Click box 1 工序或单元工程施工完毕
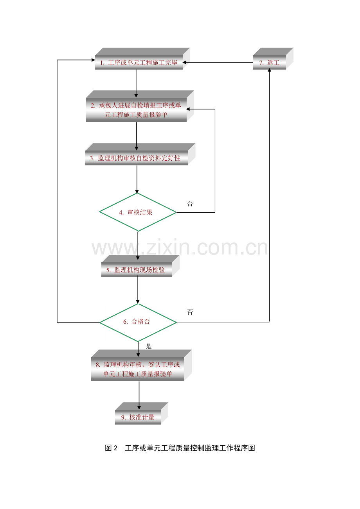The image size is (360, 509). [x=139, y=63]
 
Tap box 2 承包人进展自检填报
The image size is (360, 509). [x=136, y=110]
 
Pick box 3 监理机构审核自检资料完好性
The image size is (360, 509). [x=136, y=158]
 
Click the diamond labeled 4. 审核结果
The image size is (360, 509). [x=137, y=212]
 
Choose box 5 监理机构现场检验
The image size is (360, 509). [x=137, y=270]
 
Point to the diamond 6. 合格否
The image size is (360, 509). [x=138, y=322]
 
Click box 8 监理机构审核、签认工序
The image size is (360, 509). [x=138, y=369]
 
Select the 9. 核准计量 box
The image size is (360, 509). [x=138, y=417]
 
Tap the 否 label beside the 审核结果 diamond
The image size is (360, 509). [x=190, y=204]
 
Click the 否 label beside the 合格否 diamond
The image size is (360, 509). [x=190, y=312]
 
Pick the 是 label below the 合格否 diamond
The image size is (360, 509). [x=148, y=346]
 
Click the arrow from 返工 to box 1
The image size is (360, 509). [x=219, y=63]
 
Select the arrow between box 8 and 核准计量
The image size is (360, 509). [x=139, y=395]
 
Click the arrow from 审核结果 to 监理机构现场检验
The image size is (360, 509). [x=138, y=244]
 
